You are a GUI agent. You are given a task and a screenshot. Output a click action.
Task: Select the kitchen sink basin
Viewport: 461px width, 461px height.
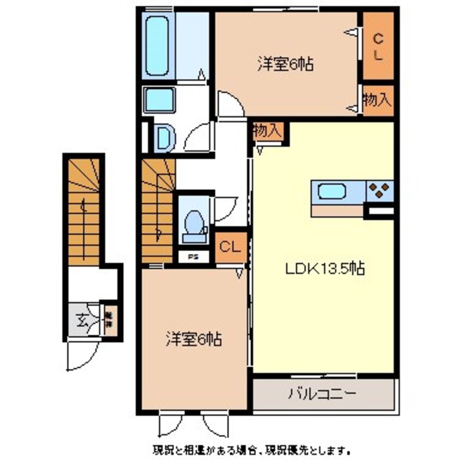(x=331, y=192)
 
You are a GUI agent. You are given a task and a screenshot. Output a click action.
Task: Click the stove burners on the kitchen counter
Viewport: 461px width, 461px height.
(x=380, y=191)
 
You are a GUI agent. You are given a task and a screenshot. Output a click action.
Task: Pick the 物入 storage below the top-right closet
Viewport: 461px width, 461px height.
(x=378, y=100)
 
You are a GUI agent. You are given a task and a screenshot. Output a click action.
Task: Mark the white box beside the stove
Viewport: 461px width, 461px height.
(x=379, y=211)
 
